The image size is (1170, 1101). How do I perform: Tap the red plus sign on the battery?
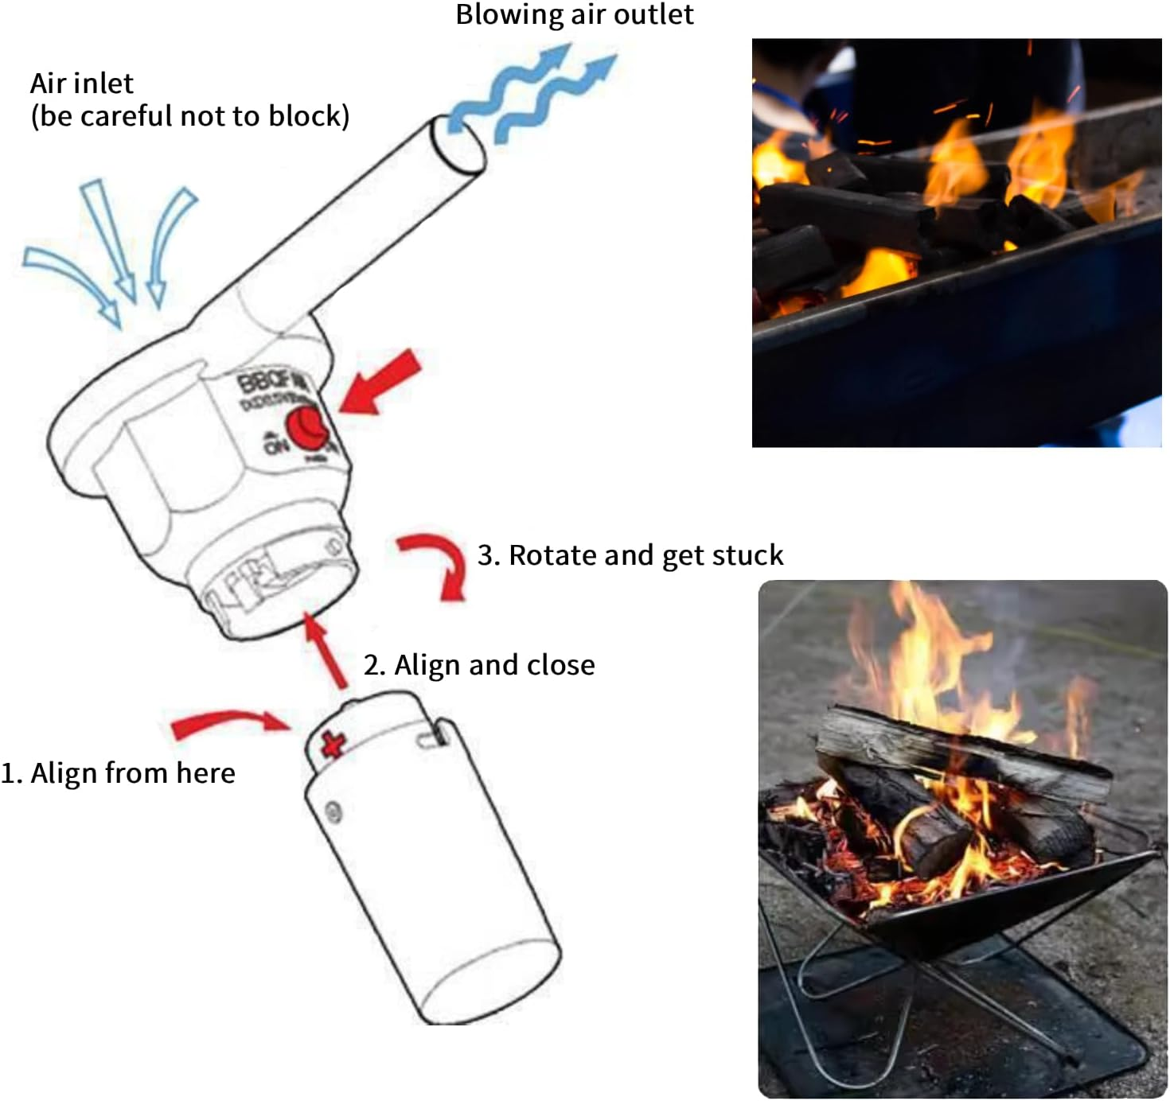(333, 744)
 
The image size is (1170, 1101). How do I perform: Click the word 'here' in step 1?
(205, 773)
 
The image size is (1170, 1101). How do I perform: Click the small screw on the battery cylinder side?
(333, 811)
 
